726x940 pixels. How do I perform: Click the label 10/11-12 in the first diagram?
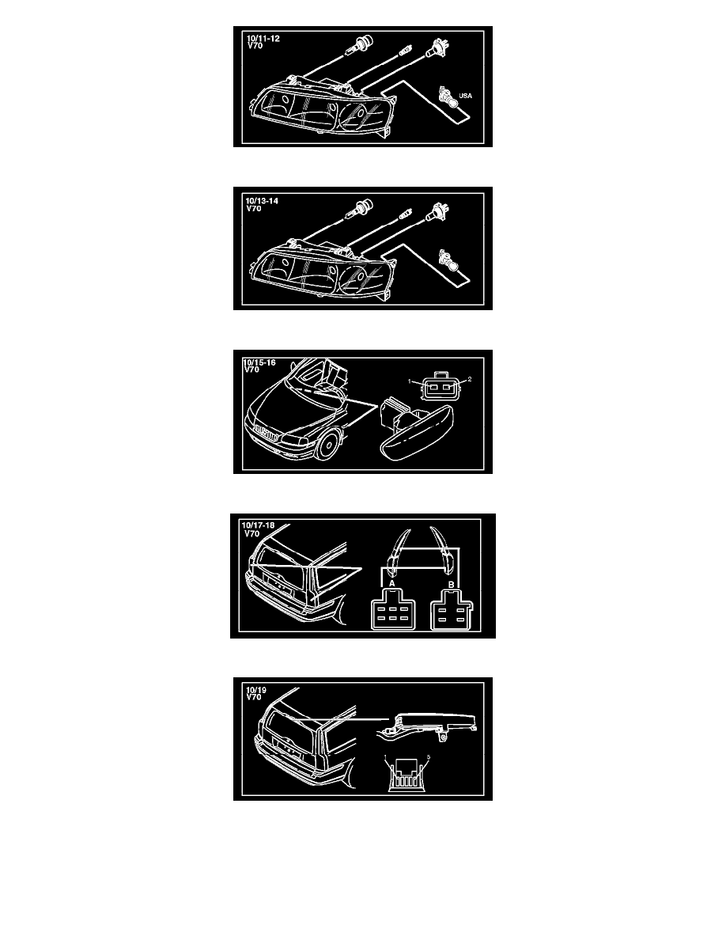(263, 39)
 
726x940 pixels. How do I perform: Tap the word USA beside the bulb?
(466, 96)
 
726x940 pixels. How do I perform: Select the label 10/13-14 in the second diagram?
(262, 201)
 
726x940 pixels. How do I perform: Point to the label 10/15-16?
(259, 362)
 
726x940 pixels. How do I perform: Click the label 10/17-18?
(258, 525)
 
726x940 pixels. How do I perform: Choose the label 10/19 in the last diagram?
(255, 690)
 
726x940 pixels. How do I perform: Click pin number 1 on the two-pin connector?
(410, 381)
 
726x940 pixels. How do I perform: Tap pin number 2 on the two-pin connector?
(470, 379)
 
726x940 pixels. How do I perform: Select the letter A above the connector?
(392, 583)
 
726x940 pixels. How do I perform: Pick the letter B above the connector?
(451, 585)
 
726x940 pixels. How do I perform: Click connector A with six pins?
(392, 609)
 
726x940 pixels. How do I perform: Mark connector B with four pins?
(452, 609)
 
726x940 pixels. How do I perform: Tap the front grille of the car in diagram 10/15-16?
(266, 434)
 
